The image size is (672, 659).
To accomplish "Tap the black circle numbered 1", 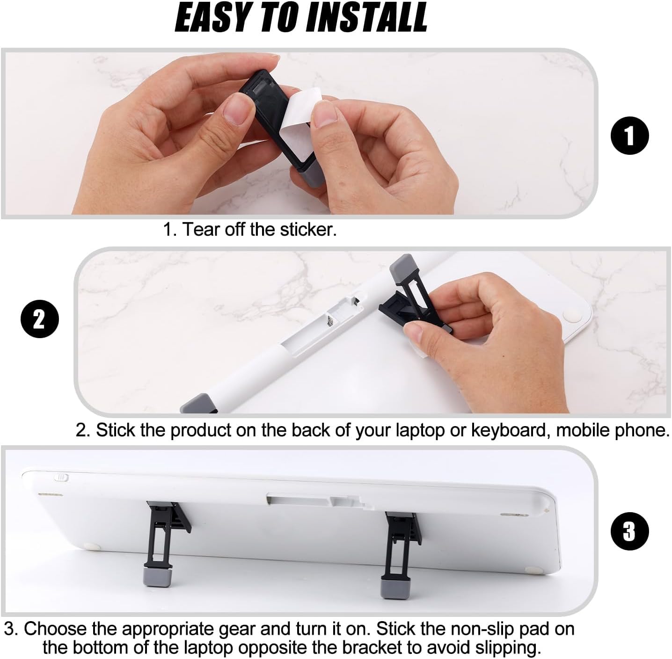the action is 629,136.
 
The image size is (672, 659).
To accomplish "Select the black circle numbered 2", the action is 40,319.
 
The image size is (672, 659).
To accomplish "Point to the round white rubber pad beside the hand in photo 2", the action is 574,314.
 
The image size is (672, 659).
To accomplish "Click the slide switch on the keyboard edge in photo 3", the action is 62,478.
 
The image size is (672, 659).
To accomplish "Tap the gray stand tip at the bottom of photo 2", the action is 199,404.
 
